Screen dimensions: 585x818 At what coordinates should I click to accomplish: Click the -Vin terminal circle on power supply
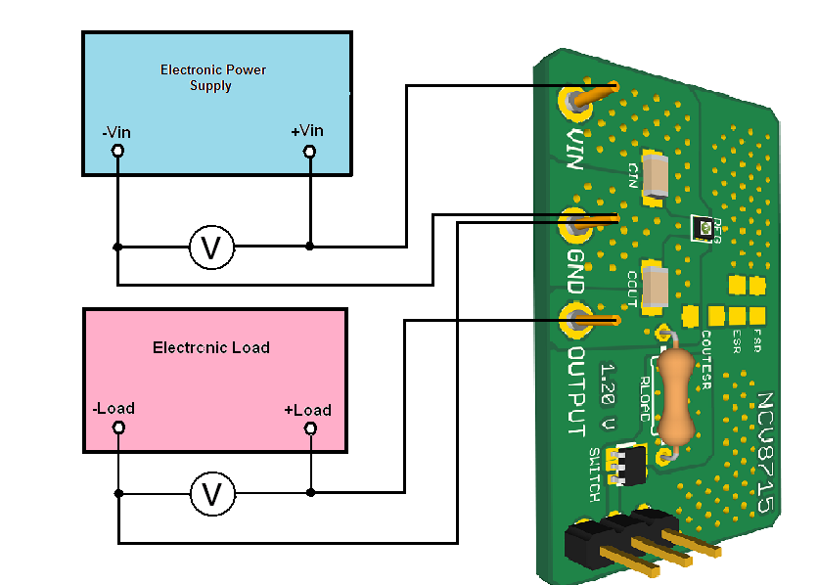pyautogui.click(x=117, y=151)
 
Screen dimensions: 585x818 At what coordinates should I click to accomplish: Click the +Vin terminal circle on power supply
pyautogui.click(x=309, y=151)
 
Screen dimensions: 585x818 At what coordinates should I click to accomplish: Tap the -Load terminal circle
pyautogui.click(x=118, y=427)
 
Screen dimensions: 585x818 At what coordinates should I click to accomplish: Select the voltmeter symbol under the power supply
pyautogui.click(x=211, y=248)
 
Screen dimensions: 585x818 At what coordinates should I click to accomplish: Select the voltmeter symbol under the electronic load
pyautogui.click(x=211, y=494)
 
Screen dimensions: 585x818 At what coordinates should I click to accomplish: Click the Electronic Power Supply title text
pyautogui.click(x=212, y=77)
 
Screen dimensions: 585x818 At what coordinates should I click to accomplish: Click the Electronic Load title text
pyautogui.click(x=211, y=347)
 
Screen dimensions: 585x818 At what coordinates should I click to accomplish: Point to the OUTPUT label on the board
pyautogui.click(x=577, y=391)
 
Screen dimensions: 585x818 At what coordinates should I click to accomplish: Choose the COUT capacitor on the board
pyautogui.click(x=655, y=287)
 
